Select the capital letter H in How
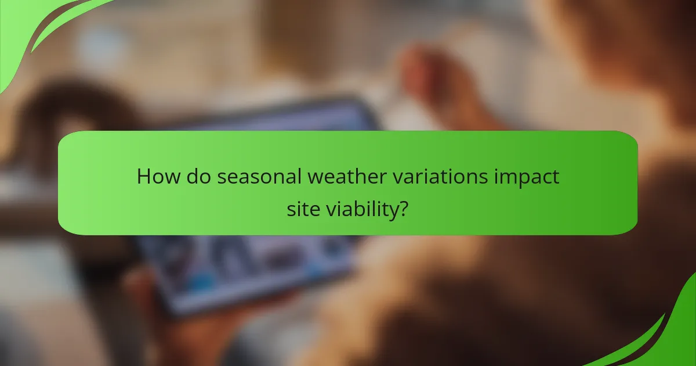143,176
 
